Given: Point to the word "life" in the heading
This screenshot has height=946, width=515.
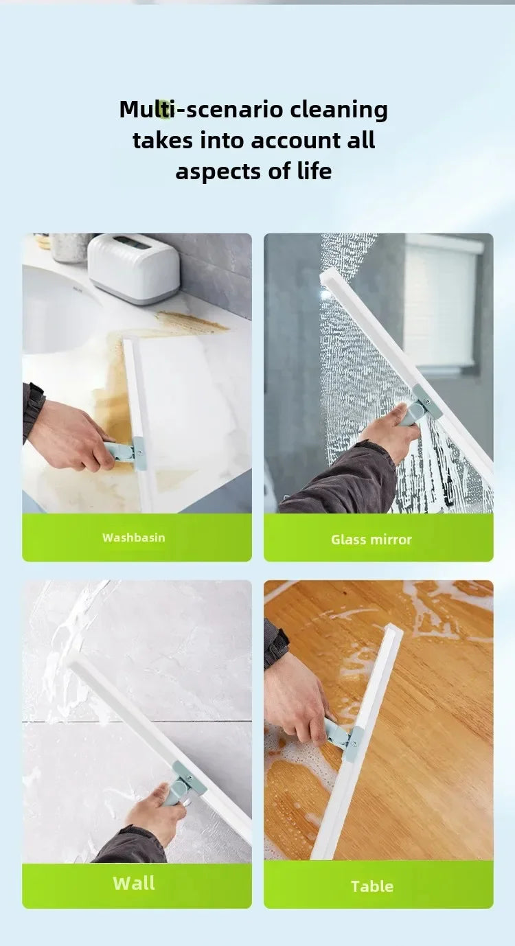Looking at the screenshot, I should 313,171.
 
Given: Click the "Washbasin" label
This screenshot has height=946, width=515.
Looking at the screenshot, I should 134,538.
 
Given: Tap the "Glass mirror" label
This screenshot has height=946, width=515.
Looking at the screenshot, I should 371,540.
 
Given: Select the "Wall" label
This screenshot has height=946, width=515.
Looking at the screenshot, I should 134,884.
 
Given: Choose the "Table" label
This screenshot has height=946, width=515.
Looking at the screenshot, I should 371,886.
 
